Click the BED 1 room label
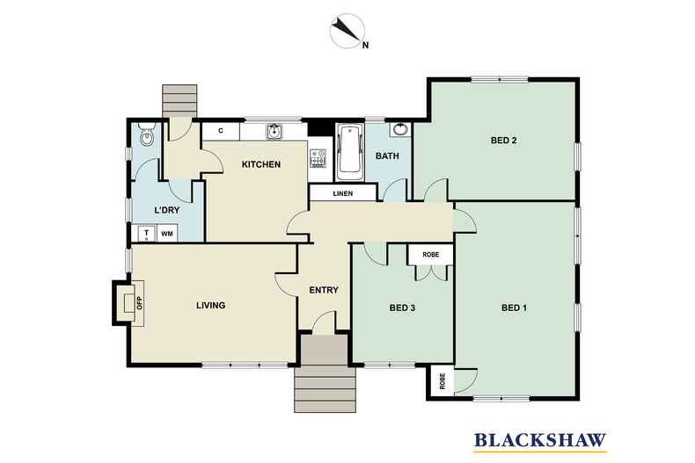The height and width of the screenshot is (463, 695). point(514,307)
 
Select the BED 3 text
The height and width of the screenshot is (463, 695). point(402,307)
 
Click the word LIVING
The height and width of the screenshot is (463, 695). point(210,306)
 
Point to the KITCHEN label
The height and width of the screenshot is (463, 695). point(261,164)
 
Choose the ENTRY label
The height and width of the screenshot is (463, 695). point(323,291)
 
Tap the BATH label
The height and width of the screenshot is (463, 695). point(387,156)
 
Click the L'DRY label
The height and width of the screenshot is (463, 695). point(167,211)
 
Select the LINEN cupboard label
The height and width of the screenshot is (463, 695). point(342,194)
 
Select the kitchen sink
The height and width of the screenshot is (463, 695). point(274,132)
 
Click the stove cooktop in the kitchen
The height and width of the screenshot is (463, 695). point(318,159)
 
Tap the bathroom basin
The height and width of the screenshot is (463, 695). point(400,130)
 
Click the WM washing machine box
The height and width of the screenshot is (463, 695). point(167,234)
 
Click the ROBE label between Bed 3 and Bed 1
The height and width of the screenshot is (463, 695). point(431,254)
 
